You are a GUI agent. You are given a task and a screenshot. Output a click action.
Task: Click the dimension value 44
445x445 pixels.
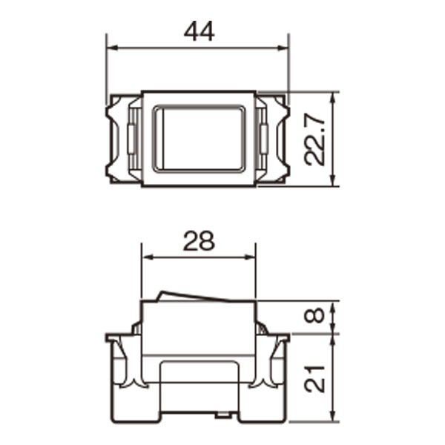pyautogui.click(x=200, y=31)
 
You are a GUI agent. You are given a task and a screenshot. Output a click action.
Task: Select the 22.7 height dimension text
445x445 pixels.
pyautogui.click(x=314, y=139)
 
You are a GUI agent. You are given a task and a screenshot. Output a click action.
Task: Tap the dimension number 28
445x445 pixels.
pyautogui.click(x=199, y=241)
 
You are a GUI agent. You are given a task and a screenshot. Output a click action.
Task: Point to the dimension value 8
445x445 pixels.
pyautogui.click(x=314, y=315)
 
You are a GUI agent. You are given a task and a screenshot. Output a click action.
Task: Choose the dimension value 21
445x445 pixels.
pyautogui.click(x=314, y=379)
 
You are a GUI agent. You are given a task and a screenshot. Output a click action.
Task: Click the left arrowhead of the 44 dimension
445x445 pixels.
pyautogui.click(x=111, y=48)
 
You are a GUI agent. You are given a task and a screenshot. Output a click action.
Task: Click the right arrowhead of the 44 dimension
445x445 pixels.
pyautogui.click(x=283, y=48)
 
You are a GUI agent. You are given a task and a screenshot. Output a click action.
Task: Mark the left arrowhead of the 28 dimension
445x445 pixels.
pyautogui.click(x=148, y=257)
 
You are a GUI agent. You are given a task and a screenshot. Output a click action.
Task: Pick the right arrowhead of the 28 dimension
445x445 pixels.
pyautogui.click(x=250, y=257)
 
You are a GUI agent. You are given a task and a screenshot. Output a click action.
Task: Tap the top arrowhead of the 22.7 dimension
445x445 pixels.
pyautogui.click(x=334, y=98)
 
